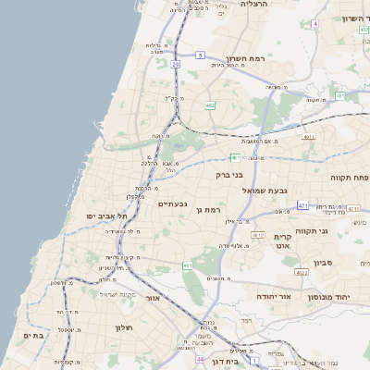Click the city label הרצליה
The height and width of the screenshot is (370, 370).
coord(253,5)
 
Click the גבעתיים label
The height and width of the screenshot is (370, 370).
coord(173,203)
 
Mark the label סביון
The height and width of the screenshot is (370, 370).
coord(323,263)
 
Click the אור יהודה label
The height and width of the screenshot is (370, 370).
coord(274,296)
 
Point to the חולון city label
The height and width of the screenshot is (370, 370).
coord(126,327)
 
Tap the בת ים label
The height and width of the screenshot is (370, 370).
coord(33,336)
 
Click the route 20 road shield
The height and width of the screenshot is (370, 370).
coord(175,64)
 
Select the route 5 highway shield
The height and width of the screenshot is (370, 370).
coord(200,55)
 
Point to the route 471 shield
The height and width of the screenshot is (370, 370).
coord(302,204)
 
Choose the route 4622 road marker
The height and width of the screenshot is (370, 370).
coord(302,273)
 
